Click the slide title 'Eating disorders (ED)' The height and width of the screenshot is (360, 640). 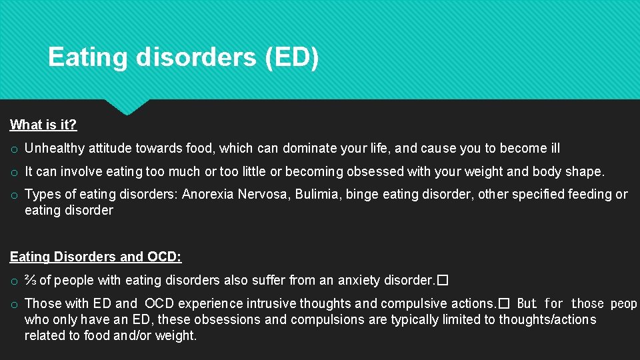point(183,57)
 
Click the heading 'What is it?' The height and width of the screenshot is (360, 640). point(43,125)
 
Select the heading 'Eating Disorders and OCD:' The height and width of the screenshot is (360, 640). point(95,257)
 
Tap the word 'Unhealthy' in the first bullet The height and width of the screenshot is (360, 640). point(55,149)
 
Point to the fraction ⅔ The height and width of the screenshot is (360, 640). point(31,280)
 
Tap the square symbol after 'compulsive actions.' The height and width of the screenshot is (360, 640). point(505,304)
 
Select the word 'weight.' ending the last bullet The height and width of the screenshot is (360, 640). point(177,335)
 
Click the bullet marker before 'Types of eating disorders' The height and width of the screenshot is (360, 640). point(14,195)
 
